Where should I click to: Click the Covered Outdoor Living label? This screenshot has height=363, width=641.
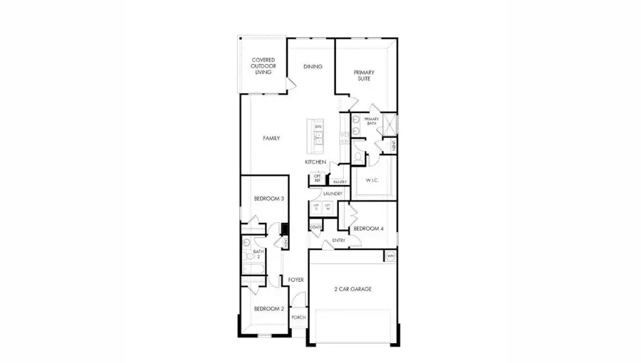click(x=263, y=67)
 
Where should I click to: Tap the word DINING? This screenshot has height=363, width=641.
click(x=313, y=67)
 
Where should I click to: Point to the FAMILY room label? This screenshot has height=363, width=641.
click(x=271, y=138)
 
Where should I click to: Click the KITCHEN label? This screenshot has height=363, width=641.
click(x=316, y=162)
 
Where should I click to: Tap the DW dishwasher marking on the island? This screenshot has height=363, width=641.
click(x=318, y=127)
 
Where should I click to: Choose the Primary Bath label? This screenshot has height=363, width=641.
click(x=371, y=122)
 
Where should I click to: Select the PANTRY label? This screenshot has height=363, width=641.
click(x=340, y=182)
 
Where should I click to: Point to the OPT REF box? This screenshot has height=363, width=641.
click(x=318, y=179)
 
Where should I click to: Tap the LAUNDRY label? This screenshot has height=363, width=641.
click(x=333, y=194)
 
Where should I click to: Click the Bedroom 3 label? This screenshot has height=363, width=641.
click(x=269, y=199)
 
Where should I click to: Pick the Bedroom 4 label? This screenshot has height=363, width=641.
click(x=369, y=228)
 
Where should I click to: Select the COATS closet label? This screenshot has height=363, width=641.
click(x=316, y=228)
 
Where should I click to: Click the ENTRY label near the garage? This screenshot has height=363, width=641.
click(x=338, y=241)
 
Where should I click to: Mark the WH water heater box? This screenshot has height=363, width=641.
click(x=390, y=256)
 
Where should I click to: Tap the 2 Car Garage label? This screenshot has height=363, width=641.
click(x=353, y=289)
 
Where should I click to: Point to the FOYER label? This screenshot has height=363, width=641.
click(x=296, y=280)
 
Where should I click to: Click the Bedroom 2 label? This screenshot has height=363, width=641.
click(x=269, y=309)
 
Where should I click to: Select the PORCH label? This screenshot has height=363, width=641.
click(x=298, y=317)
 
